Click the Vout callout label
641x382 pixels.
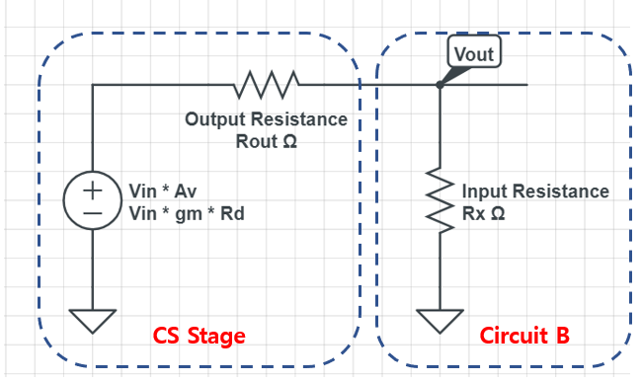tap(472, 52)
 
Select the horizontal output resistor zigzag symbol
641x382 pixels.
tap(266, 85)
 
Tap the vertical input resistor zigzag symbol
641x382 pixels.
tap(440, 195)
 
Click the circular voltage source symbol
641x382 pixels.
tap(91, 200)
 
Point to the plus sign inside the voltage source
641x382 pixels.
tap(91, 190)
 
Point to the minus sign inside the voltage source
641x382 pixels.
tap(91, 211)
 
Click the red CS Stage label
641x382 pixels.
tap(199, 337)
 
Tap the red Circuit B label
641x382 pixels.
tap(524, 337)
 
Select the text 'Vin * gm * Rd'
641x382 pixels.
tap(187, 211)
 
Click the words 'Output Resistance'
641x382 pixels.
tap(266, 119)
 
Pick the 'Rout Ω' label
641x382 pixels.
tap(266, 141)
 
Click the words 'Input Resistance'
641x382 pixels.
tap(536, 191)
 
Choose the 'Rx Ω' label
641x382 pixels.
tap(484, 212)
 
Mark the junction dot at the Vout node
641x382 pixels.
tap(440, 85)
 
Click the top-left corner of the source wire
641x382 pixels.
tap(92, 85)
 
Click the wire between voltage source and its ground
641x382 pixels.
tap(91, 267)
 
